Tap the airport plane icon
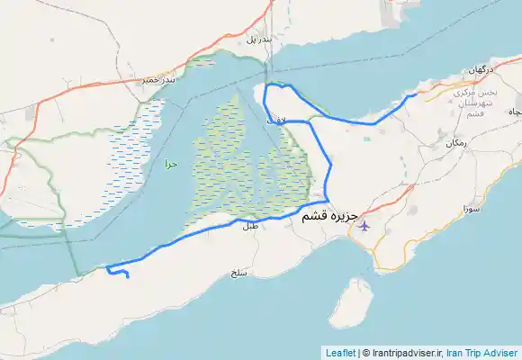pyautogui.click(x=364, y=224)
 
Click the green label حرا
pyautogui.click(x=170, y=165)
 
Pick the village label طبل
pyautogui.click(x=248, y=227)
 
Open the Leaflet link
pyautogui.click(x=339, y=353)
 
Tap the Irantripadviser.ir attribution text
pyautogui.click(x=404, y=353)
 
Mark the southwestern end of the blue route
pyautogui.click(x=128, y=277)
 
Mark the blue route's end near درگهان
pyautogui.click(x=415, y=94)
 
